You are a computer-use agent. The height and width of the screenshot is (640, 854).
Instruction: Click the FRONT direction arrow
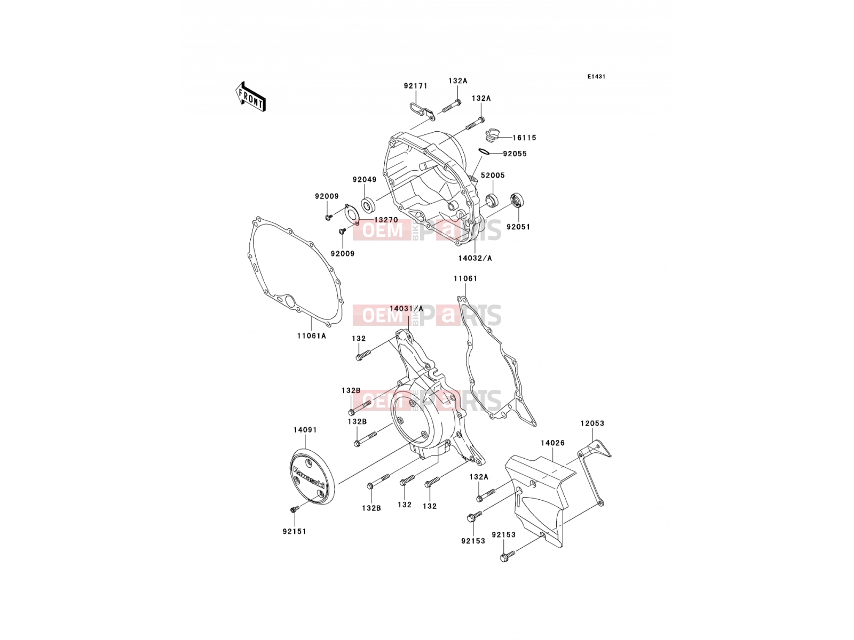250,97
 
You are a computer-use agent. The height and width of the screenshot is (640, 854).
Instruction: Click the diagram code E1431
596,77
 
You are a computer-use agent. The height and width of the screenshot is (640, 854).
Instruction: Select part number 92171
415,86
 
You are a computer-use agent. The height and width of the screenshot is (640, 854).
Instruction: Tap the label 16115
524,138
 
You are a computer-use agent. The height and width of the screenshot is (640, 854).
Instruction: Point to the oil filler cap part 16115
492,136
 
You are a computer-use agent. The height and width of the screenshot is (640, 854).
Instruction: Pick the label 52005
493,175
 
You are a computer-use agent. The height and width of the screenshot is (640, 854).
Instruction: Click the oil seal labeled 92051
517,199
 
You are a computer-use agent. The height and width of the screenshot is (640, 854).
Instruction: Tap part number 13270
386,220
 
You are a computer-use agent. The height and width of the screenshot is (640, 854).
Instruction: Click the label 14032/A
475,258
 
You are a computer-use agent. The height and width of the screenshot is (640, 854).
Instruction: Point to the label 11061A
311,336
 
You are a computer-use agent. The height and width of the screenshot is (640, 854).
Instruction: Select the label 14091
305,430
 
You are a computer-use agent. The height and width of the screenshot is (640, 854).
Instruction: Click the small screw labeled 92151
295,509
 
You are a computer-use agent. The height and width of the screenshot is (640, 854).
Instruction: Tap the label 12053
592,423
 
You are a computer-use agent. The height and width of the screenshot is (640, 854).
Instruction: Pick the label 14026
552,443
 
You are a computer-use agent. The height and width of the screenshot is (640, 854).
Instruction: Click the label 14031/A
406,308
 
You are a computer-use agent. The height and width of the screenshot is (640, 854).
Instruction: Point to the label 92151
294,531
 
